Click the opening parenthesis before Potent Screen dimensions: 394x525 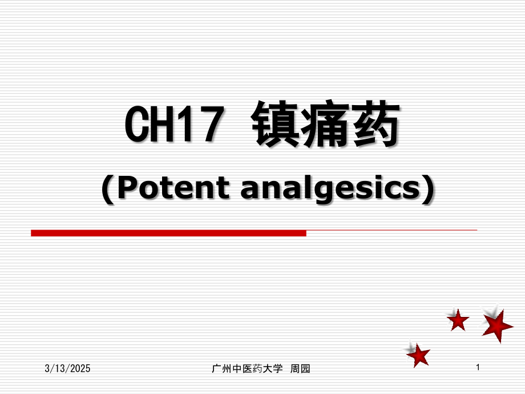(x=107, y=188)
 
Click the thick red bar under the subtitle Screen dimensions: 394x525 (x=168, y=232)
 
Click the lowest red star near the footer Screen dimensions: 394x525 (x=419, y=355)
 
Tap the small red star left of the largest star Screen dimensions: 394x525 (x=458, y=320)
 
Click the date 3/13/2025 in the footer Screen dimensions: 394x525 (x=68, y=369)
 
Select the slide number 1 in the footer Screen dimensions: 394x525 (x=478, y=369)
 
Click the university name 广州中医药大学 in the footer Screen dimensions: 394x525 (x=247, y=369)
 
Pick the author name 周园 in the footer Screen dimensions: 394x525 (x=301, y=369)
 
